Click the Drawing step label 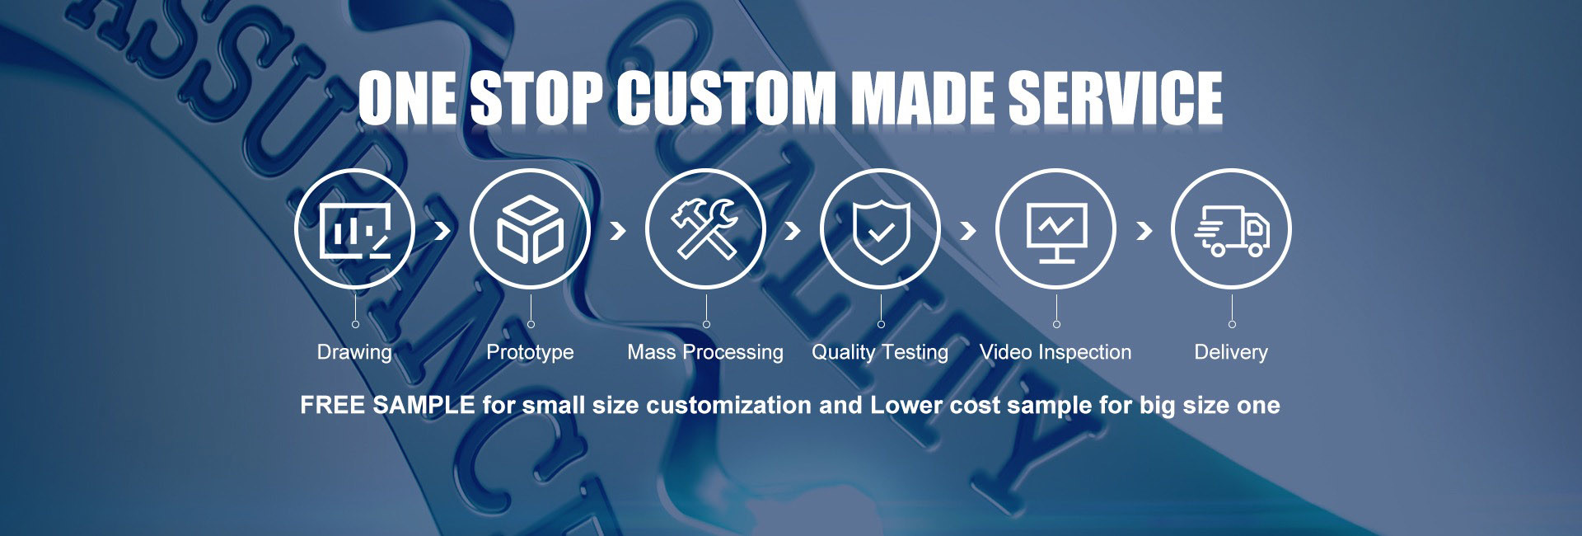[354, 353]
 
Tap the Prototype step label [530, 353]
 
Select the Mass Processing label [705, 353]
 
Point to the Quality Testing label [880, 353]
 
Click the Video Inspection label [1055, 352]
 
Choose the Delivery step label [1231, 353]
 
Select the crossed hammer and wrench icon [705, 229]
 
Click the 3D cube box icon [530, 230]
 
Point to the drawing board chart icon [355, 230]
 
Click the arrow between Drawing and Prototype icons [442, 230]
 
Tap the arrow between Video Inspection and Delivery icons [1144, 231]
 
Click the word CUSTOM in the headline [727, 98]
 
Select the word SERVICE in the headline [1116, 98]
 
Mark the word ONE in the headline [407, 98]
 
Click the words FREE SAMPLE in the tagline [387, 405]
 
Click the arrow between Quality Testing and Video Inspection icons [968, 231]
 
